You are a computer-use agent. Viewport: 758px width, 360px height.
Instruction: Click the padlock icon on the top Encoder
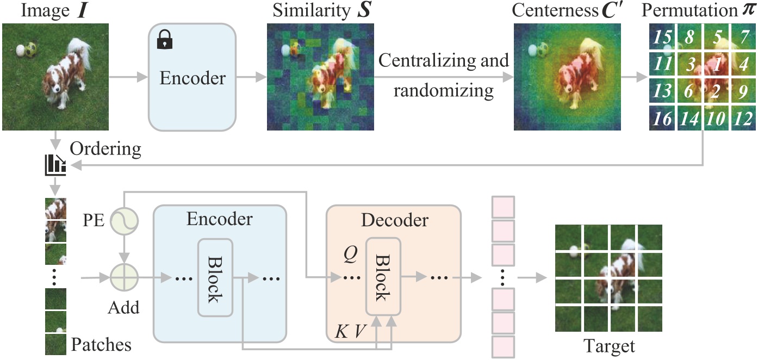(162, 39)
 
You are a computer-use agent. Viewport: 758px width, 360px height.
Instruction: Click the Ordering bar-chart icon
(55, 165)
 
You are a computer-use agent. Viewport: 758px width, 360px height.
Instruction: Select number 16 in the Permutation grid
(661, 119)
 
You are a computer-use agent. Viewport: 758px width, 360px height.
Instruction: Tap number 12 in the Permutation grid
(743, 119)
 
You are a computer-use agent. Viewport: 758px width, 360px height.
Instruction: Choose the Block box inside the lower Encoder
(215, 277)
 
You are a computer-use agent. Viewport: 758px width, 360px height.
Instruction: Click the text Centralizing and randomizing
(443, 75)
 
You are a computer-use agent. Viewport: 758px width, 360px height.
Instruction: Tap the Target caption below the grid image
(608, 345)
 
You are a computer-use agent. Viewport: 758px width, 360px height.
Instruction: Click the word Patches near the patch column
(101, 345)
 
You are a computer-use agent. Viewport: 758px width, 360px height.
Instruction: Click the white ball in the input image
(21, 51)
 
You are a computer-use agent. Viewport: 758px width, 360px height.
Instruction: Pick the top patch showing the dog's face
(55, 208)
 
